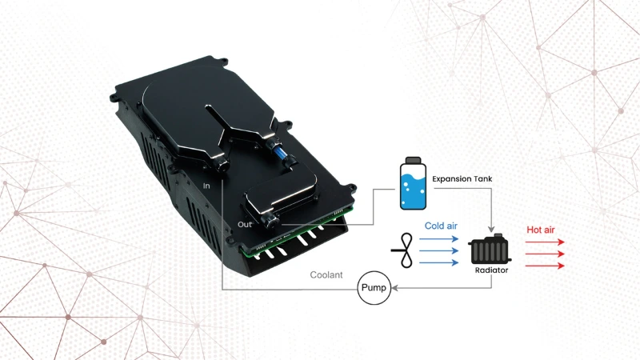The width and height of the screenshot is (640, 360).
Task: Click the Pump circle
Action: [374, 288]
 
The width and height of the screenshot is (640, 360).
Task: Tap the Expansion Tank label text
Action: [462, 178]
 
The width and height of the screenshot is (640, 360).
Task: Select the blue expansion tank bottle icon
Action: [413, 183]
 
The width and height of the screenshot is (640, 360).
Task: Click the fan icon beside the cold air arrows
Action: [404, 250]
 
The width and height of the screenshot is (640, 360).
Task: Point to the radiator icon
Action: [490, 250]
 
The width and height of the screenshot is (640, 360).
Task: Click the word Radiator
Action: [491, 270]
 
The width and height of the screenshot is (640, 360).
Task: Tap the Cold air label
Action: [441, 226]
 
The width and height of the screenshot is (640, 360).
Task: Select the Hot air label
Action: [541, 230]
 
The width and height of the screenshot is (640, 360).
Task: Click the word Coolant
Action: [326, 275]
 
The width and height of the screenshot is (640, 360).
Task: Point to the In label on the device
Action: [206, 186]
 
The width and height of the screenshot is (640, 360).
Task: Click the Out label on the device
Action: [245, 225]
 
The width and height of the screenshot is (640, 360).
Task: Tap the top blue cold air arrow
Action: [438, 238]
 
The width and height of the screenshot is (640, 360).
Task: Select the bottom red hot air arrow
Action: [545, 266]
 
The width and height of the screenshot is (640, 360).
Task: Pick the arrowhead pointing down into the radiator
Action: [491, 229]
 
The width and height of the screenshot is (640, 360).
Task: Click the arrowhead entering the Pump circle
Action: [395, 288]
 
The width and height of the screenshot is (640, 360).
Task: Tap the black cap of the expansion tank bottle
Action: [413, 160]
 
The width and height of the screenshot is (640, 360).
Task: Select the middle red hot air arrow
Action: [545, 254]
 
